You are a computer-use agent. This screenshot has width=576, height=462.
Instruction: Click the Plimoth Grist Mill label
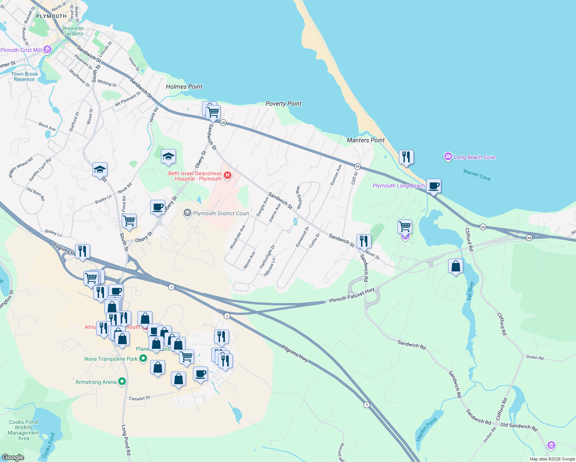click(x=21, y=50)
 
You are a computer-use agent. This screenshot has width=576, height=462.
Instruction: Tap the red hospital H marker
click(x=227, y=176)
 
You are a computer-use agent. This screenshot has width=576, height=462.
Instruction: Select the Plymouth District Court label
click(x=221, y=213)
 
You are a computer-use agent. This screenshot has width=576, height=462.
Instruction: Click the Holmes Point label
click(x=184, y=87)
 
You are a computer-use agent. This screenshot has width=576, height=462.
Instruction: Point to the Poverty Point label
click(x=283, y=104)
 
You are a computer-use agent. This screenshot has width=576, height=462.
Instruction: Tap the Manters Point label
click(x=365, y=140)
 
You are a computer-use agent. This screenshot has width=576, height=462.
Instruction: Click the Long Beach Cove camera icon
click(x=448, y=157)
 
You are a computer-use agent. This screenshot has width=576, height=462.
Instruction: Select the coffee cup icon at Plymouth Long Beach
click(x=434, y=186)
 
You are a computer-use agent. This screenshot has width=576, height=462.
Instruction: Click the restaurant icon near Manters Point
click(x=406, y=157)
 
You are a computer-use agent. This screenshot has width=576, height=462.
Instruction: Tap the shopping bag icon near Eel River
click(x=455, y=266)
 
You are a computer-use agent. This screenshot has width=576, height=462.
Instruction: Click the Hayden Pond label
click(x=426, y=429)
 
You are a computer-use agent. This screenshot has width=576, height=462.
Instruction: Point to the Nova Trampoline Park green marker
click(x=143, y=358)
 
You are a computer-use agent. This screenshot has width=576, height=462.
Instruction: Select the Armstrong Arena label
click(x=96, y=382)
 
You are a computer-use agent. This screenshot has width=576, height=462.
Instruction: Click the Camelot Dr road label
click(x=139, y=398)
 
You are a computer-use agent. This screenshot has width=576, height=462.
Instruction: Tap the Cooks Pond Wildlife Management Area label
click(x=23, y=430)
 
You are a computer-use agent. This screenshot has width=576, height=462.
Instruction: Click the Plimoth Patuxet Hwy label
click(x=352, y=295)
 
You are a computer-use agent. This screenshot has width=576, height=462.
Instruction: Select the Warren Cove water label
click(x=477, y=175)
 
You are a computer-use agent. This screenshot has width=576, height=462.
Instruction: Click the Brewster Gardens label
click(x=73, y=31)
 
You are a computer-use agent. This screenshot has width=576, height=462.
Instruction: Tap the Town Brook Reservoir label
click(x=25, y=77)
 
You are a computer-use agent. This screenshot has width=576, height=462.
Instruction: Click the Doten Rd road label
click(x=535, y=357)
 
